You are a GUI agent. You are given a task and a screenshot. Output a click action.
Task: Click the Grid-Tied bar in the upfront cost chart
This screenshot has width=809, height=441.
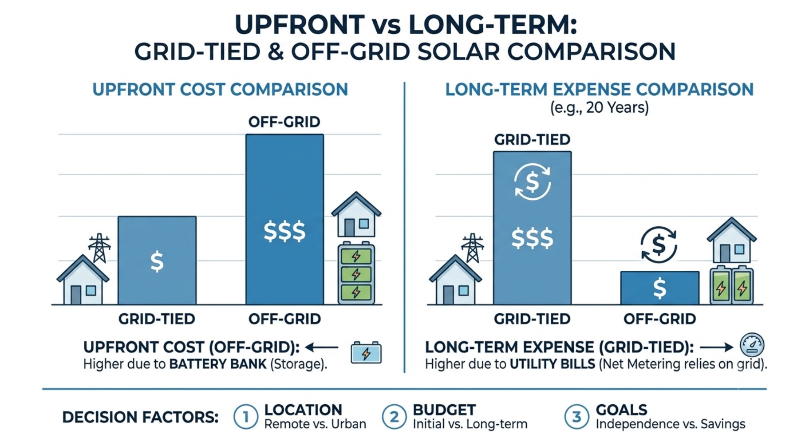coord(157,261)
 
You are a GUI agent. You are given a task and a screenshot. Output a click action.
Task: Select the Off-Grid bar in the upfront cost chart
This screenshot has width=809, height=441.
coord(285,219)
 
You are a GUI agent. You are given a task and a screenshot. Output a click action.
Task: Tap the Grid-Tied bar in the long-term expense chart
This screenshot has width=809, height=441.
coord(532,228)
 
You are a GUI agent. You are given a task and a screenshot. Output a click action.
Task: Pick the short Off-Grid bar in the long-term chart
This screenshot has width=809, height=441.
coord(659,288)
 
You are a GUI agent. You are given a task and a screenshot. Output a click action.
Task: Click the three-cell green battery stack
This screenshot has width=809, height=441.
coord(356,274)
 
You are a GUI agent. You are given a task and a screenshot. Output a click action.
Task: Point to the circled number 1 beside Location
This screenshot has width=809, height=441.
coord(246,417)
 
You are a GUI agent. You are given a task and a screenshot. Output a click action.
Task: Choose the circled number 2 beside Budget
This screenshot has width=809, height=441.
coord(394,417)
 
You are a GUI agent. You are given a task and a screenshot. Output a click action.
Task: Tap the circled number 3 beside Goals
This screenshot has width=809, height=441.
coord(577,417)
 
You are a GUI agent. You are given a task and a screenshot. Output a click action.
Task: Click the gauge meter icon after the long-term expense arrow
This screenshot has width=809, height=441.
coord(752,345)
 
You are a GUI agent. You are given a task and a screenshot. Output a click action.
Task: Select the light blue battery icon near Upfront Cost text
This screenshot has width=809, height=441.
coord(366,352)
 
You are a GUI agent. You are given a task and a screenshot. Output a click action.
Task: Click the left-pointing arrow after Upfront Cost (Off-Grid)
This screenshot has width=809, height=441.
coord(322,347)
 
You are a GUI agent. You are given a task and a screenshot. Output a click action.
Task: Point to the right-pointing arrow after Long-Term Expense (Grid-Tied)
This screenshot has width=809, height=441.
coord(717,347)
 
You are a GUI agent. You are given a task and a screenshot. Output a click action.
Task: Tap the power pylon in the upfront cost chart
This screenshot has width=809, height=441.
coord(99,248)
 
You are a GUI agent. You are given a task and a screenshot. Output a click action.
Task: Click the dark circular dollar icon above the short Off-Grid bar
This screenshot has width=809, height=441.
coord(659,245)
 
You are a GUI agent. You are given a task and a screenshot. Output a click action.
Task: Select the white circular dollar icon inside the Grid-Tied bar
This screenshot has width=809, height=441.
coord(532,182)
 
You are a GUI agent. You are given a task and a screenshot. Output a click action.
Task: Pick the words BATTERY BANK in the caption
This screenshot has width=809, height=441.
coord(218,364)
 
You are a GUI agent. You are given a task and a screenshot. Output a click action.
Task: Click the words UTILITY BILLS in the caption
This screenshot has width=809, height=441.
coord(552,364)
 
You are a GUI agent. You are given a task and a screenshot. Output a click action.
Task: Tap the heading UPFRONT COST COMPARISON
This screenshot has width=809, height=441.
coord(220,89)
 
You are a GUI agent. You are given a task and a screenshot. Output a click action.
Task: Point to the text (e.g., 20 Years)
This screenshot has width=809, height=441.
coord(599,107)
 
